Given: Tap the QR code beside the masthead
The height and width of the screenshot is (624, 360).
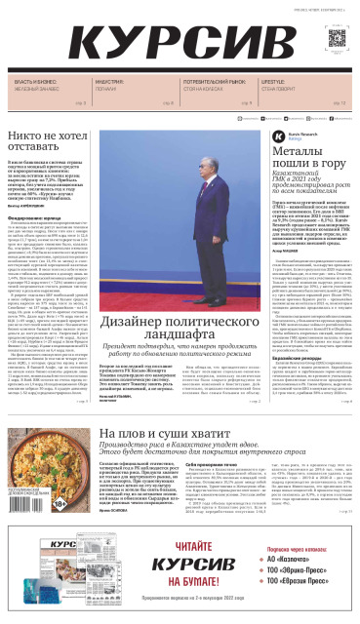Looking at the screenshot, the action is (337, 40).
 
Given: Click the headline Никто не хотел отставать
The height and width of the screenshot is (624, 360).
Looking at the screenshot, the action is (58, 142).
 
